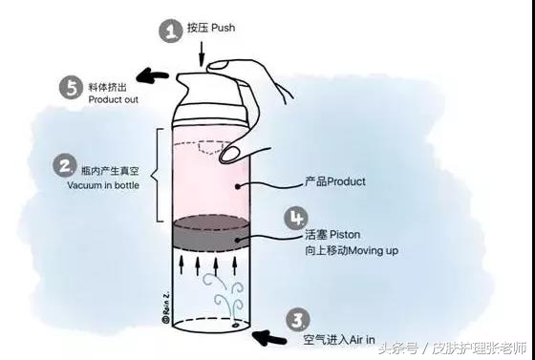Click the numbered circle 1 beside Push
point(170,31)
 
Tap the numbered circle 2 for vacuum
point(66,166)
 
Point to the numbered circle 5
point(71,87)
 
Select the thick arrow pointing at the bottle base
point(270,336)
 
